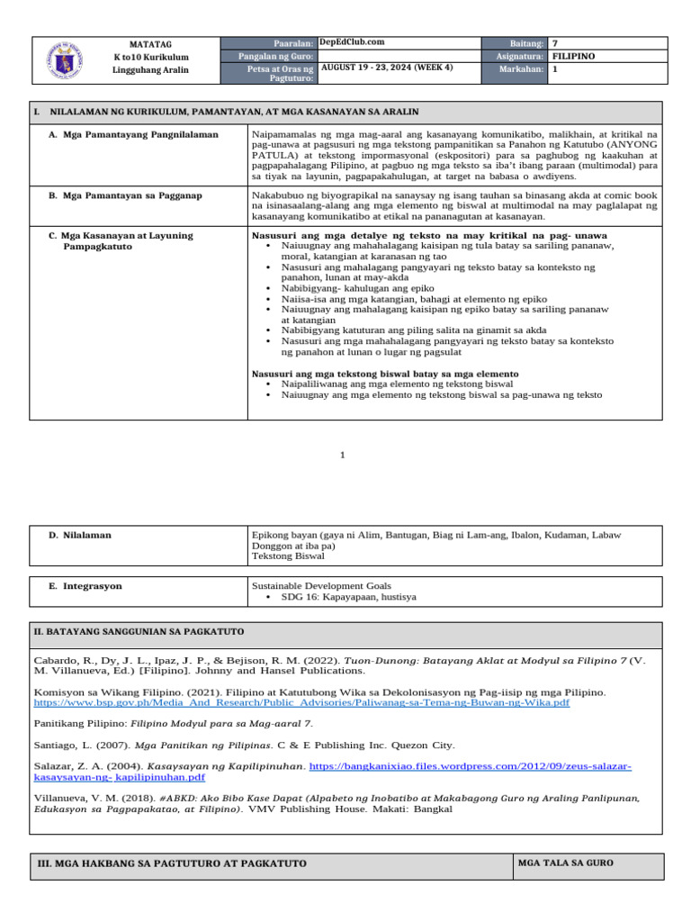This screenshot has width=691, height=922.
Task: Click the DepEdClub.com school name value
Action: (x=352, y=41)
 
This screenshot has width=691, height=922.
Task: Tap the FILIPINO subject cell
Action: (x=573, y=56)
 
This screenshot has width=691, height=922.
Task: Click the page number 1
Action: (x=343, y=456)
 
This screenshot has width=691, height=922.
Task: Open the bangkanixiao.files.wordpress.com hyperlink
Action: (x=470, y=765)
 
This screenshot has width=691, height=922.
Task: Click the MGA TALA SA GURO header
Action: (x=566, y=863)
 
